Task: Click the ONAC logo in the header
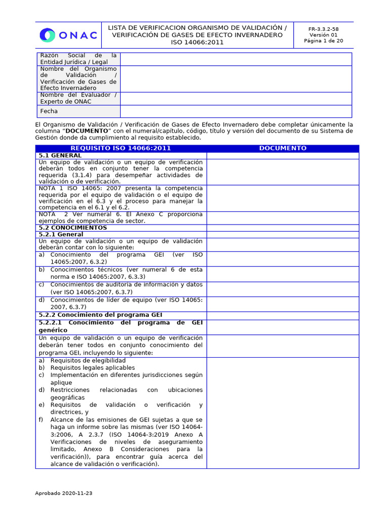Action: point(68,35)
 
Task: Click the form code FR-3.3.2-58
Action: point(324,29)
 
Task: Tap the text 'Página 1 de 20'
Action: point(324,41)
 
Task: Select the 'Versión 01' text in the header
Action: point(324,35)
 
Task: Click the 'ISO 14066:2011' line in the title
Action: point(197,42)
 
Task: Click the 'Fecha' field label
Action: point(49,111)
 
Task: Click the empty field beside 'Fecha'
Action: point(236,111)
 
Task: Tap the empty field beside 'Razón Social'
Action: point(236,59)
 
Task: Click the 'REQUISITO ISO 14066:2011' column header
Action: point(121,148)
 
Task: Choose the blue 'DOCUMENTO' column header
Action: point(283,148)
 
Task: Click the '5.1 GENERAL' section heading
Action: point(60,155)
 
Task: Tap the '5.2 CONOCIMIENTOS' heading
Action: point(72,228)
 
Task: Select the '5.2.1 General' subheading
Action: point(61,235)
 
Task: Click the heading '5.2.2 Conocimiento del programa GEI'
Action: point(100,315)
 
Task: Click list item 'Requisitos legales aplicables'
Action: point(92,368)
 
